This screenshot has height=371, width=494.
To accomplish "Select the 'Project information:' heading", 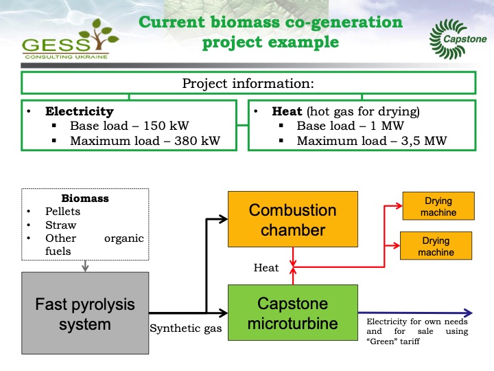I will coord(248,83).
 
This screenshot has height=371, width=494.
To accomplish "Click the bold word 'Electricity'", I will coord(80,111).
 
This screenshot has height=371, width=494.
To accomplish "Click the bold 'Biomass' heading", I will coord(85,199).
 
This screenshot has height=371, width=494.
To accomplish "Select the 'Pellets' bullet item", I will coord(62,212).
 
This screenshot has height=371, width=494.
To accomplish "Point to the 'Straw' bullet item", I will coord(61,225).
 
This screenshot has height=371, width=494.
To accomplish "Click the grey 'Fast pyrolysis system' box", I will coord(86,313).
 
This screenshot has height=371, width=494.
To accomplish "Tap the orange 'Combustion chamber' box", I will coord(292,220).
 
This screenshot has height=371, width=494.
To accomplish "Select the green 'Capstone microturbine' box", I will coord(292,313).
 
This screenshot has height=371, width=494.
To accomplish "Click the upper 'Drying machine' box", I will coord(438,207).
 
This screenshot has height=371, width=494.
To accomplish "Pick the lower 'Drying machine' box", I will coord(436,247).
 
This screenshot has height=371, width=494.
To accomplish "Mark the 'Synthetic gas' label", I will coord(186,329).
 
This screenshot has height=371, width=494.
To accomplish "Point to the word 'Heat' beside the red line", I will coord(266,268).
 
